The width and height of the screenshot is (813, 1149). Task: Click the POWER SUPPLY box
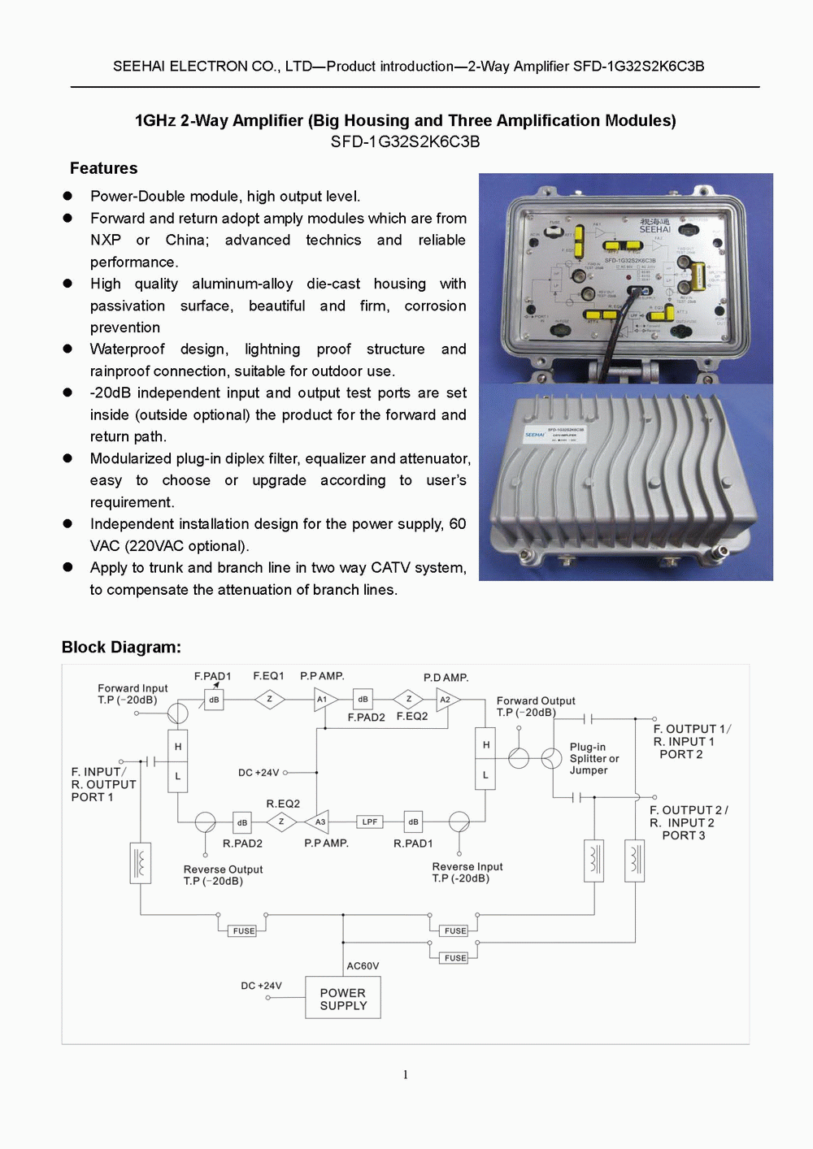click(x=343, y=998)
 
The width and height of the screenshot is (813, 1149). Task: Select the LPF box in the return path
click(x=370, y=822)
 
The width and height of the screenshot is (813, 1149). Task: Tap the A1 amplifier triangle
click(x=324, y=699)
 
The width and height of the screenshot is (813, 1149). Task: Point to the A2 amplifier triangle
click(x=446, y=699)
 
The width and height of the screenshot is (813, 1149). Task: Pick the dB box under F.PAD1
click(x=214, y=699)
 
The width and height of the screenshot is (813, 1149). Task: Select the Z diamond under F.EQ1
click(x=270, y=699)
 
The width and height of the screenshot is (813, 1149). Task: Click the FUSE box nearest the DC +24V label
click(x=244, y=930)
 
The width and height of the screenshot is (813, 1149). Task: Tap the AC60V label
click(x=363, y=965)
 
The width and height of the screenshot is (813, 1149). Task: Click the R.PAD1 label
click(x=413, y=843)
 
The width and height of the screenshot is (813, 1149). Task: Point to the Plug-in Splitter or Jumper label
click(x=594, y=758)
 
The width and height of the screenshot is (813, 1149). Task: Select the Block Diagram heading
click(x=121, y=647)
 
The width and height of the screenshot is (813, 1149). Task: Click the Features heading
click(x=103, y=168)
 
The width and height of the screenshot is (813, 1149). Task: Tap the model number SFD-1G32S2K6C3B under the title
click(x=405, y=141)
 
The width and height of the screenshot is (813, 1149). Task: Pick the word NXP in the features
click(x=106, y=240)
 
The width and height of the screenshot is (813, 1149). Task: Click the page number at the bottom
click(x=406, y=1074)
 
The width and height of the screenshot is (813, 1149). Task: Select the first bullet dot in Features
click(x=68, y=196)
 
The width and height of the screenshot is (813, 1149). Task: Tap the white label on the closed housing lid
click(x=563, y=433)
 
